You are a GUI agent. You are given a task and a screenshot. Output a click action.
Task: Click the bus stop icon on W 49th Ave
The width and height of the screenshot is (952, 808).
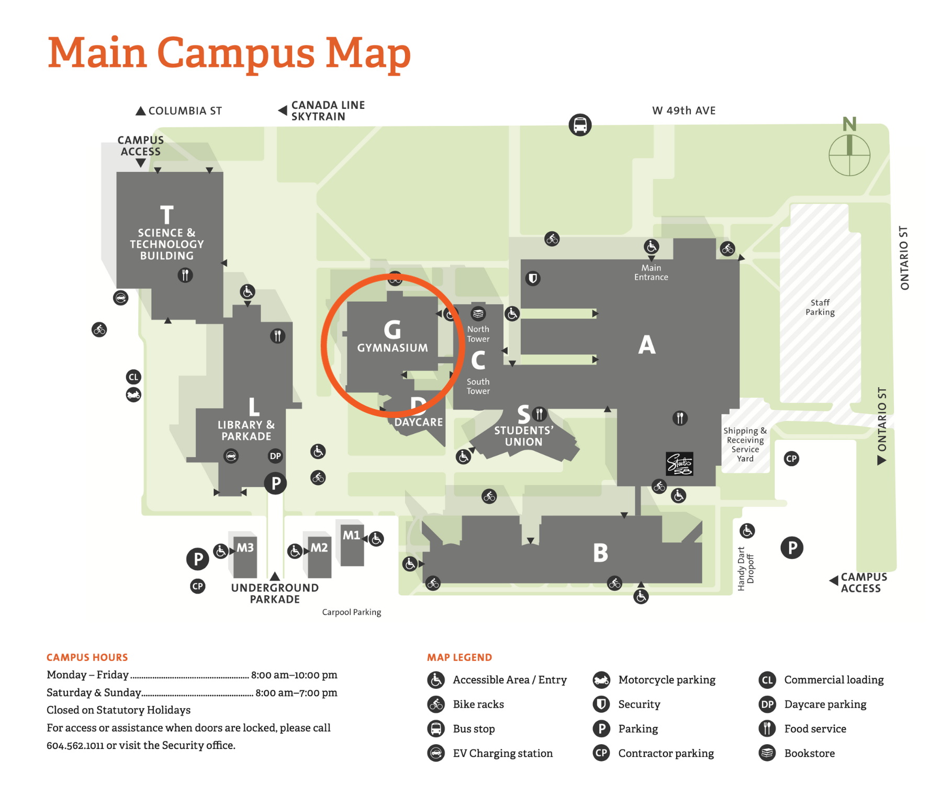coord(580,125)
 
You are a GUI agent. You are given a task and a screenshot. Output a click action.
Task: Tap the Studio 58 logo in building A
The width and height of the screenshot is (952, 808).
coord(679,464)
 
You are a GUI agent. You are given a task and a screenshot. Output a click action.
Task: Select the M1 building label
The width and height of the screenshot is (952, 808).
coord(351,536)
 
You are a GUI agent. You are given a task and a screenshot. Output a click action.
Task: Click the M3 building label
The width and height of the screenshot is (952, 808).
coord(245,548)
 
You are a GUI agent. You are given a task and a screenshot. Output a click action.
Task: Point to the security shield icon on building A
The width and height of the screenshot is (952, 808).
coord(533,278)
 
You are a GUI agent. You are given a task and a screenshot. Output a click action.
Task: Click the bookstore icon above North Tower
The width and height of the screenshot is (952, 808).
coord(478,314)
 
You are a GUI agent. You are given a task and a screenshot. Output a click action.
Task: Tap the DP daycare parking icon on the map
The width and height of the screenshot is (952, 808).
coord(275,456)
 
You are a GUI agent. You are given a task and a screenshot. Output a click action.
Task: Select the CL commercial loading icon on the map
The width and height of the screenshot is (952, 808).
coord(133,377)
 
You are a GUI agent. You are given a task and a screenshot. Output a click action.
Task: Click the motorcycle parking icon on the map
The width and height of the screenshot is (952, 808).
coord(133,395)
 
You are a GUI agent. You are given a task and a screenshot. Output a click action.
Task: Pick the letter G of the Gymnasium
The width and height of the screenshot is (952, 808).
coord(393,330)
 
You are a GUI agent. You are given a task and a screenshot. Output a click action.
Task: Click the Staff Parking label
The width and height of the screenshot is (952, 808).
coord(820,308)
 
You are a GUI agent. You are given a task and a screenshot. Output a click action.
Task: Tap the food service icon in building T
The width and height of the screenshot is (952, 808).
coord(185,275)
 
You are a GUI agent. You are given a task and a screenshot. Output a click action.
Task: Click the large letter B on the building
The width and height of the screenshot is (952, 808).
coord(600,553)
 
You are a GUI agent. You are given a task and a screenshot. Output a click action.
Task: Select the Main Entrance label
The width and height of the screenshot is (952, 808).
coord(651,272)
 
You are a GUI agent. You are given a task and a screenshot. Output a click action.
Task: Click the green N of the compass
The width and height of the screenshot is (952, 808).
coord(849,124)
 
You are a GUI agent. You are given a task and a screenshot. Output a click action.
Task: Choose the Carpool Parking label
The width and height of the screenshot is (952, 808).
coord(352,612)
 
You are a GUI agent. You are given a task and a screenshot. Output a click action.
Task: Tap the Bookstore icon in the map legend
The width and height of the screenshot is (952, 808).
coord(767,753)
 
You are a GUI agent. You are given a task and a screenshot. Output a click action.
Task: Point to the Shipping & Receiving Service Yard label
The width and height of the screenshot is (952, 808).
coord(745,445)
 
